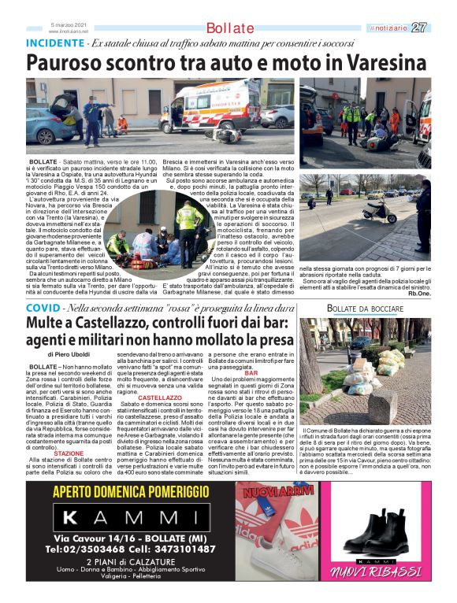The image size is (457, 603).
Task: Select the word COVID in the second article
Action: click(42, 307)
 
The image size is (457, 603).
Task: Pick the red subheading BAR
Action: click(251, 373)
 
